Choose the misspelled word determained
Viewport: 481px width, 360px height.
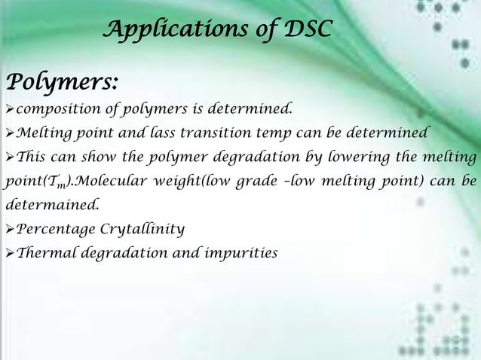click(44, 204)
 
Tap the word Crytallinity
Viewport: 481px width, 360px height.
click(142, 227)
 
